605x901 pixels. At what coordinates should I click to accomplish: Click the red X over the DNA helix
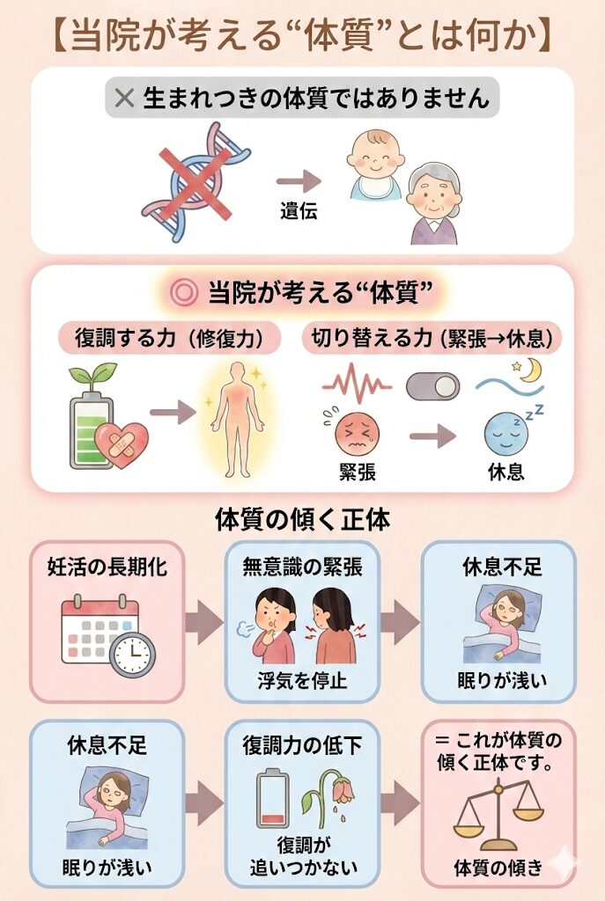pyautogui.click(x=196, y=183)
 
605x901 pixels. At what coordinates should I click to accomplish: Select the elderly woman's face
pyautogui.click(x=435, y=197)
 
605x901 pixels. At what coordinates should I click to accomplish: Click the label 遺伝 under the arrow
pyautogui.click(x=299, y=211)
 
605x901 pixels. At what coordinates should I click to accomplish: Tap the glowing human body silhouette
pyautogui.click(x=238, y=420)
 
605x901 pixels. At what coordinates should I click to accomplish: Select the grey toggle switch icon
pyautogui.click(x=433, y=387)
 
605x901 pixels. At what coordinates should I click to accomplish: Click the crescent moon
pyautogui.click(x=530, y=370)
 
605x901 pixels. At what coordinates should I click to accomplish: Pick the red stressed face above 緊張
pyautogui.click(x=357, y=435)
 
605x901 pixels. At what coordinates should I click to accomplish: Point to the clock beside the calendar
pyautogui.click(x=132, y=655)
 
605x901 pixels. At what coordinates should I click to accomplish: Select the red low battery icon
pyautogui.click(x=273, y=799)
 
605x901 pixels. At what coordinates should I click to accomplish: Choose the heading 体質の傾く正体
pyautogui.click(x=303, y=519)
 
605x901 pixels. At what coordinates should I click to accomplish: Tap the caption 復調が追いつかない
pyautogui.click(x=303, y=855)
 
